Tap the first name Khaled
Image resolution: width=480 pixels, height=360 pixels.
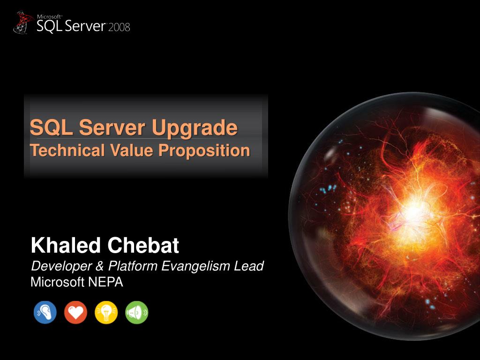coord(66,245)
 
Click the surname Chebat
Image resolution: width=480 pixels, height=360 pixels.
coord(143,245)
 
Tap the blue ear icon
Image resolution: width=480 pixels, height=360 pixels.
coord(45,312)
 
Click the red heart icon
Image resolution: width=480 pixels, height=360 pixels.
coord(75,312)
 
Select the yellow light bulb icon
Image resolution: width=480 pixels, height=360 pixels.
coord(106,312)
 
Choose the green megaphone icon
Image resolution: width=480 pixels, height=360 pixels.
coord(137,312)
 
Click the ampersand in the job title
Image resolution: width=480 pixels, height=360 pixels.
coord(98,267)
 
